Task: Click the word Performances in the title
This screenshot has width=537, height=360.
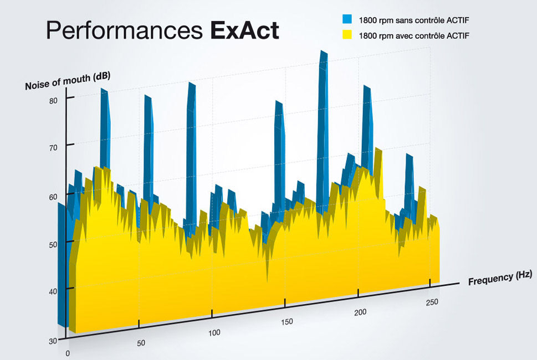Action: (125, 31)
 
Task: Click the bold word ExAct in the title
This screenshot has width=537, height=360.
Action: (244, 31)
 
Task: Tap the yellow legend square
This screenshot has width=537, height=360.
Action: (348, 36)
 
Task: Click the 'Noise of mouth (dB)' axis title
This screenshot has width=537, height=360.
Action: (68, 81)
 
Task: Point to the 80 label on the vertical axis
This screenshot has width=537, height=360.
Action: (54, 101)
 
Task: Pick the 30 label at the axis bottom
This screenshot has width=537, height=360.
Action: (53, 341)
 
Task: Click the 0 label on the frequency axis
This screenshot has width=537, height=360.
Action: (68, 353)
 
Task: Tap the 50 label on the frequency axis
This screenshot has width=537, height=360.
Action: (141, 343)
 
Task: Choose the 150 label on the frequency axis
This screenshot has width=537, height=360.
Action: (287, 322)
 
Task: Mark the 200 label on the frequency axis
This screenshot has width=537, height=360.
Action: (360, 312)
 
